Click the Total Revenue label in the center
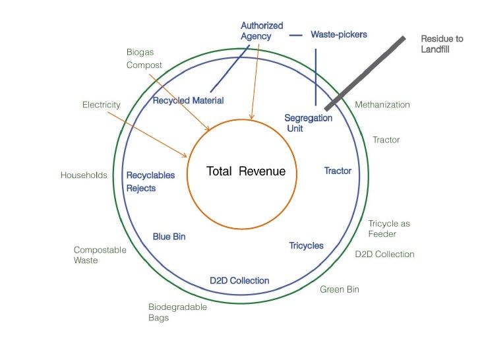[246, 171]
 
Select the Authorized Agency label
[262, 31]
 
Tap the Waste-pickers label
[339, 34]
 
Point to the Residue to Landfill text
[442, 44]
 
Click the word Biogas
[140, 51]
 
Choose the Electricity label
[101, 104]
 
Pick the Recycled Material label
[188, 100]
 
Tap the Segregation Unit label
[308, 123]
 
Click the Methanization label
[382, 104]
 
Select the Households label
[84, 175]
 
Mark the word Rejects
[141, 189]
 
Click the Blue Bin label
[169, 236]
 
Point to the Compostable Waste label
[100, 255]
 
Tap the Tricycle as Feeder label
[388, 229]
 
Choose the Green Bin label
[340, 289]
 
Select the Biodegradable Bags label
[177, 313]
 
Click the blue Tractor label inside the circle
[338, 171]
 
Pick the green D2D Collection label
[384, 254]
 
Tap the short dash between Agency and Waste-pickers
[297, 34]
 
